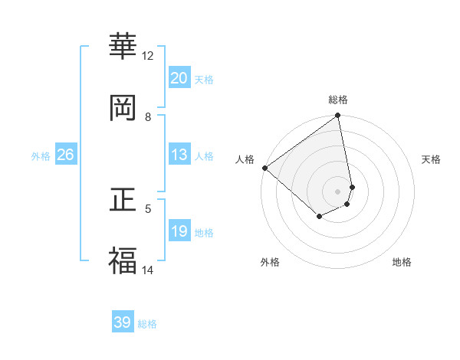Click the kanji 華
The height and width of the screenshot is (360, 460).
123,47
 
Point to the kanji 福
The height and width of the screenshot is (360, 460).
123,260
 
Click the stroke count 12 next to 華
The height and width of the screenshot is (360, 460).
148,56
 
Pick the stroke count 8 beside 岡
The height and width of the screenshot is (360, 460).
148,117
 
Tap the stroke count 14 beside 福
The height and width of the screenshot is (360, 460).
148,270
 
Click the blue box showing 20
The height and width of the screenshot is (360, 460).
179,78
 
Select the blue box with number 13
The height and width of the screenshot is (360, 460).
179,155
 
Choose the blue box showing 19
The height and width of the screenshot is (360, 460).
179,231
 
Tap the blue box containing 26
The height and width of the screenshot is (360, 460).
65,155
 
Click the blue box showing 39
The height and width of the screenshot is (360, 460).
123,322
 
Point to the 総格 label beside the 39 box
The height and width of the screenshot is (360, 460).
147,324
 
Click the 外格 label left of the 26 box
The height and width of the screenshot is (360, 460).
41,156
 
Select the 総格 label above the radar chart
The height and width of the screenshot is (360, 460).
338,100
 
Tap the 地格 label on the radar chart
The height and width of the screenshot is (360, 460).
402,262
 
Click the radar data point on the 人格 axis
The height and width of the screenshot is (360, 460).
264,168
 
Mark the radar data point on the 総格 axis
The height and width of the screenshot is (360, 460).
338,116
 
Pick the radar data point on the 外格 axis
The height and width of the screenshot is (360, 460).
319,218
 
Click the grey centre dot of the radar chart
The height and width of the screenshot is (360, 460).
338,191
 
